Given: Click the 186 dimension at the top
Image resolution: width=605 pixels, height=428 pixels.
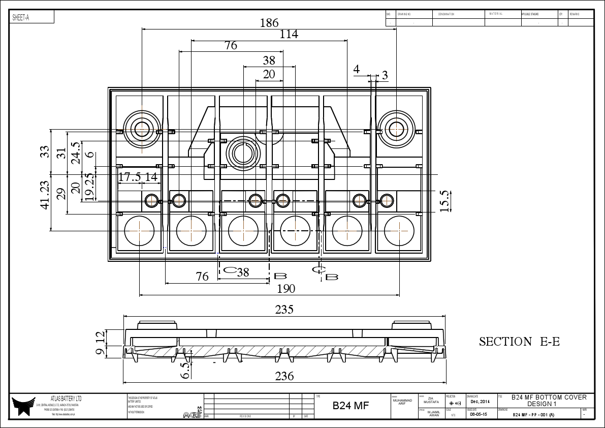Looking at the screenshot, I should (269, 23).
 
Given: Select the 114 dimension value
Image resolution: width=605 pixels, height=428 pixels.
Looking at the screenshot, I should (289, 34).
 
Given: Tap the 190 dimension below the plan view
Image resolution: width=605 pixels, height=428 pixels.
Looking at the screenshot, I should (286, 289).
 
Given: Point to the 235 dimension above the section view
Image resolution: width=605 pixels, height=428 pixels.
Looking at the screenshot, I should (284, 310).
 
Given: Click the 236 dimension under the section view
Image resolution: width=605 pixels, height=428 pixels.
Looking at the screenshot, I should (284, 376).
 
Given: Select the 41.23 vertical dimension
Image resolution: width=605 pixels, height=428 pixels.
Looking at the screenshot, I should (45, 195).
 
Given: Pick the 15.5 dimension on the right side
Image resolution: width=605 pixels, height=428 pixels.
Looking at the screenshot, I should (445, 201).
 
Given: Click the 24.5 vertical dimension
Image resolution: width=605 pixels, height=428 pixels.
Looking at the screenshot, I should (75, 152).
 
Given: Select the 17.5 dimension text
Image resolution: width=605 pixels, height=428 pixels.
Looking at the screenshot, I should (130, 177).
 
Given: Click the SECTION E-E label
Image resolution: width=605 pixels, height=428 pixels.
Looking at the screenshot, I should (519, 342).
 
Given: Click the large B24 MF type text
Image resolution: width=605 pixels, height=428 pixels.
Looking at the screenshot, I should (351, 406).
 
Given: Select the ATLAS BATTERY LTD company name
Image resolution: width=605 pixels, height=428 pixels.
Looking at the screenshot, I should (66, 399).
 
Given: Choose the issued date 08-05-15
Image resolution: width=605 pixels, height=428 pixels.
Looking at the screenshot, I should (479, 414).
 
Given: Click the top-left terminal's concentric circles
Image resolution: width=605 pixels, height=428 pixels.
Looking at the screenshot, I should (142, 129).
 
